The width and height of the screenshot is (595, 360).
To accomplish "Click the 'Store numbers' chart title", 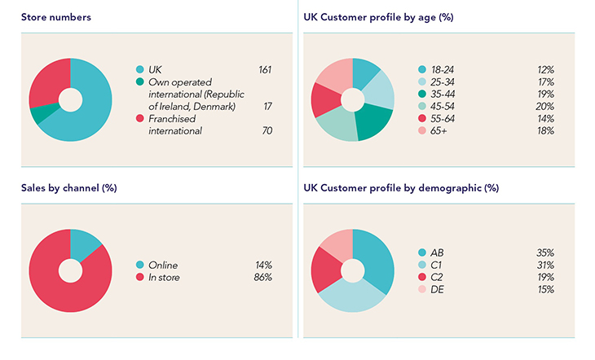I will click(x=57, y=16).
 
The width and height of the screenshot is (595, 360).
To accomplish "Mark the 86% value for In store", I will click(x=262, y=277).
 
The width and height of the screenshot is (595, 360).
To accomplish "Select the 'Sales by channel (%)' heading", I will click(x=69, y=188).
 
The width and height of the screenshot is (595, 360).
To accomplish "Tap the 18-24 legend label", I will click(x=443, y=70).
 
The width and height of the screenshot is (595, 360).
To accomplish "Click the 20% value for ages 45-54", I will click(x=545, y=106).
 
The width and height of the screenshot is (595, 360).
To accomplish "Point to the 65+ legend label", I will click(x=439, y=130).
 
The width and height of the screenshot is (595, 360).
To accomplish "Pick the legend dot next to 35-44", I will click(x=422, y=94).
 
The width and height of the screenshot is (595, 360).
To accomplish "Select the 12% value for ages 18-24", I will click(x=545, y=70).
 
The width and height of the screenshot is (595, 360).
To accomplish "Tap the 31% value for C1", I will click(x=545, y=265).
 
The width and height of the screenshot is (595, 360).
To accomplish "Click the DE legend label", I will click(x=438, y=289).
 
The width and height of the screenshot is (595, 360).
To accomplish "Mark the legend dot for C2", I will click(x=422, y=277).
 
